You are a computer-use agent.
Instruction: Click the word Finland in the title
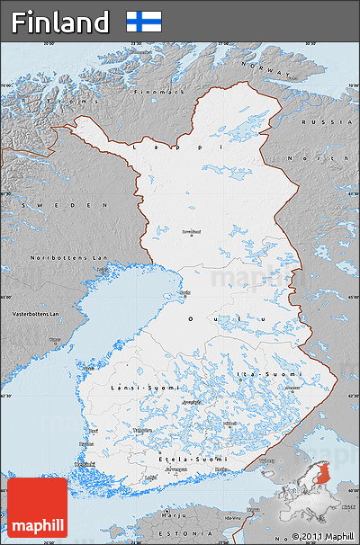[x=60, y=22]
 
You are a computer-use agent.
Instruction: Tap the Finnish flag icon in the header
[x=144, y=22]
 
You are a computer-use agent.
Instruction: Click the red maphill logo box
[x=38, y=507]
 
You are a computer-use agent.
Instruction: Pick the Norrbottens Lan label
[x=56, y=257]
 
